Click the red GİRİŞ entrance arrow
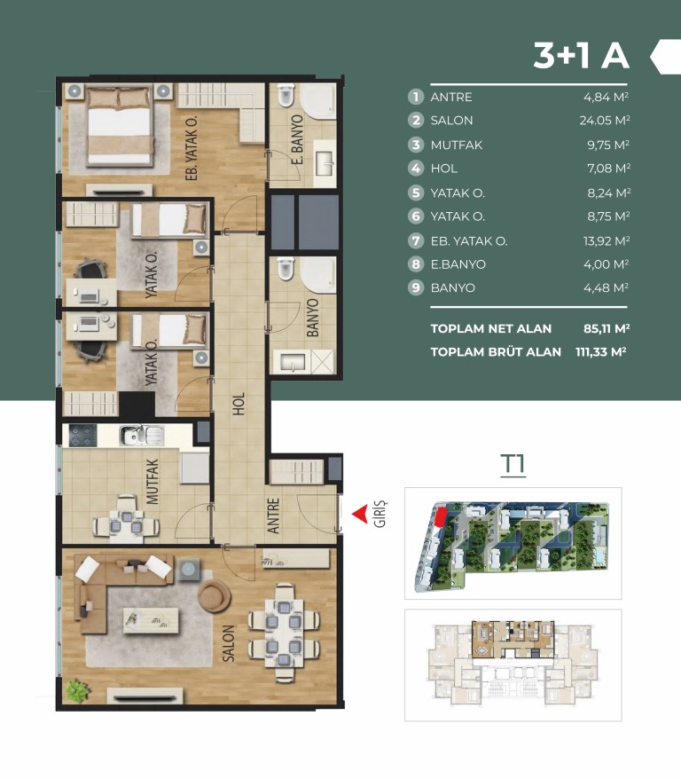360,514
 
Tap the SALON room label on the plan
228,643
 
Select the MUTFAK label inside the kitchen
153,482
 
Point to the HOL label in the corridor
239,404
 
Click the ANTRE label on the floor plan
273,516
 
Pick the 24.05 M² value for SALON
605,121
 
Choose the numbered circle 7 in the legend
416,241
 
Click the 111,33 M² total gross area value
600,351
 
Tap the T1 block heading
513,465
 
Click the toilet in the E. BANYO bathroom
286,96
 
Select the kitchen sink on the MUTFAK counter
141,436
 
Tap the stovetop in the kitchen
82,436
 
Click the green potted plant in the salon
77,690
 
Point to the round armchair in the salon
214,594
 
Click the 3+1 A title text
581,55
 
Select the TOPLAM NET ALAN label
491,328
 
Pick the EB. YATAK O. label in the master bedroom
192,148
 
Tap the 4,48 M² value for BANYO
606,287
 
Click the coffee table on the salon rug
152,619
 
